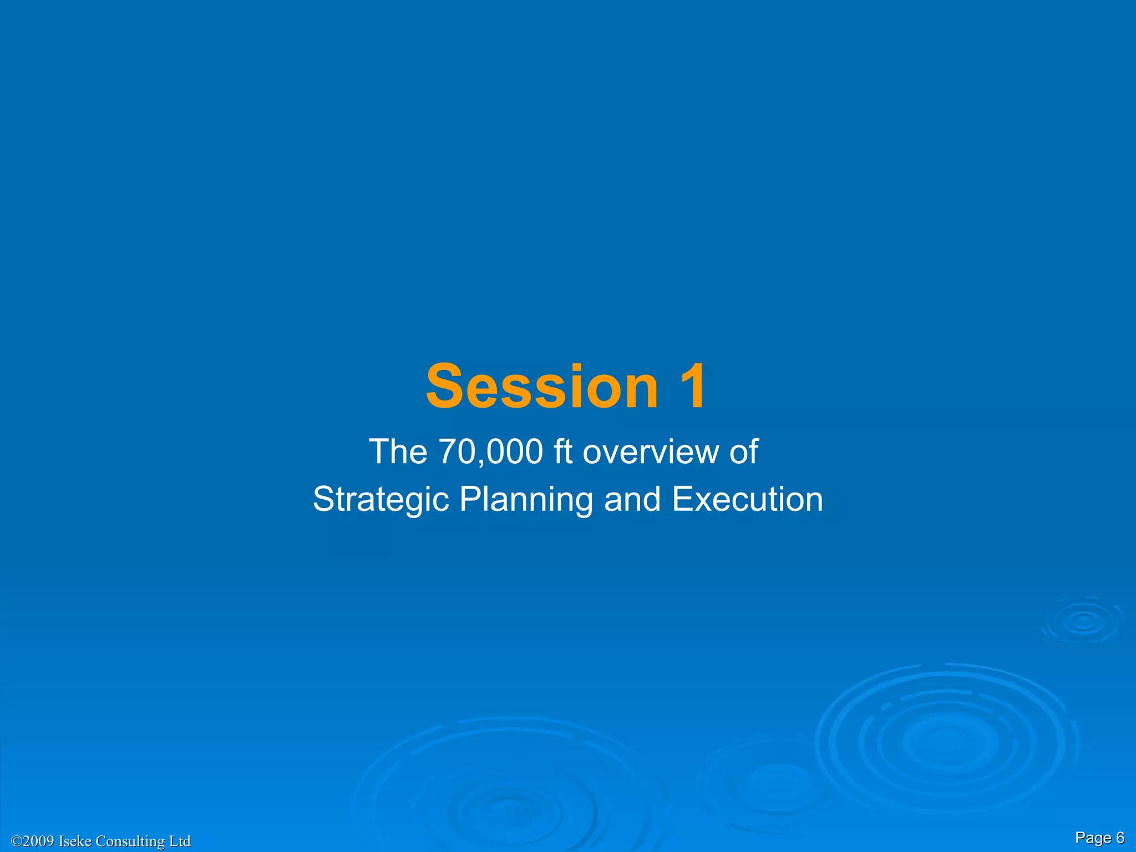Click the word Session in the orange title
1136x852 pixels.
click(541, 386)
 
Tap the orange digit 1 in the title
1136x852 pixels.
click(691, 386)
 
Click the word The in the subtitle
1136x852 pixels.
click(398, 452)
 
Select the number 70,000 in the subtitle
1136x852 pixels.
click(490, 452)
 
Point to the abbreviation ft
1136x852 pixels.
click(562, 452)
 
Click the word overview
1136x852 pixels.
click(650, 452)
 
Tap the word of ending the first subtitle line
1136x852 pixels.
click(743, 452)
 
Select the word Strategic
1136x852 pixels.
click(381, 499)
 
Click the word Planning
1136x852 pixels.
click(526, 499)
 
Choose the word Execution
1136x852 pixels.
click(748, 499)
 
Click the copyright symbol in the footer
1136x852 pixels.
click(17, 841)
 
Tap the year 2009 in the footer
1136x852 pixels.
click(39, 841)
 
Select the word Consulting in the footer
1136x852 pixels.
click(130, 841)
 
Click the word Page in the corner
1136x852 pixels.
click(1093, 838)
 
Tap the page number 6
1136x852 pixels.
click(1120, 838)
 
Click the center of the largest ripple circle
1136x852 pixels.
click(946, 742)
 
